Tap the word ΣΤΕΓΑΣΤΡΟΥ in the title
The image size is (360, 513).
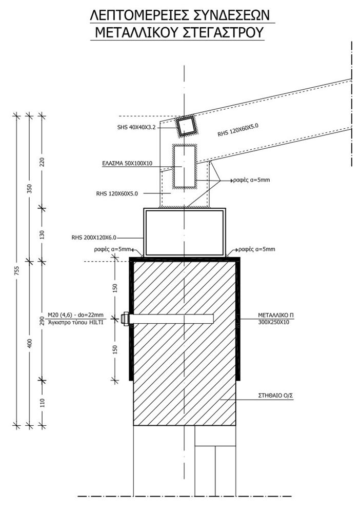coord(224,32)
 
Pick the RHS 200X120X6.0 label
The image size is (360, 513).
coord(94,238)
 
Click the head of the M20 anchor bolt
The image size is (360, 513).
coord(125,319)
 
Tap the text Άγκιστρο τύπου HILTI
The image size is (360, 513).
coord(75,322)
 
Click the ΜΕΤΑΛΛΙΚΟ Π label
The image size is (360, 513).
coord(275,315)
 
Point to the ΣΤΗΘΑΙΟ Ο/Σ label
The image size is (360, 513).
coord(275,396)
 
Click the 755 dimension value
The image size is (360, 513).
coord(17,271)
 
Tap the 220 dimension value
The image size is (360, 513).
coord(42,162)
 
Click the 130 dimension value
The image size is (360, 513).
coord(42,234)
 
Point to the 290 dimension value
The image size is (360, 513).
coord(42,321)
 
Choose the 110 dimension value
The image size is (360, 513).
coord(42,403)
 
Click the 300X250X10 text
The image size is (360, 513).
coord(273,322)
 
